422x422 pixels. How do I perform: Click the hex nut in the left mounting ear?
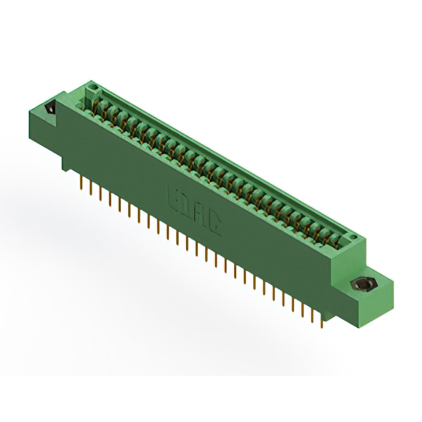click(x=49, y=108)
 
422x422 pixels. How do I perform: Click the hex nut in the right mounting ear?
click(x=361, y=286)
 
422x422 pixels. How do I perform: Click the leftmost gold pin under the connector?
click(x=80, y=181)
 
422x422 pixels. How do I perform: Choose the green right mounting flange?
click(x=369, y=290)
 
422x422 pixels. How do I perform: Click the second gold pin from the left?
click(x=90, y=187)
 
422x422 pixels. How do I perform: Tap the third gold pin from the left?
click(x=100, y=192)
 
